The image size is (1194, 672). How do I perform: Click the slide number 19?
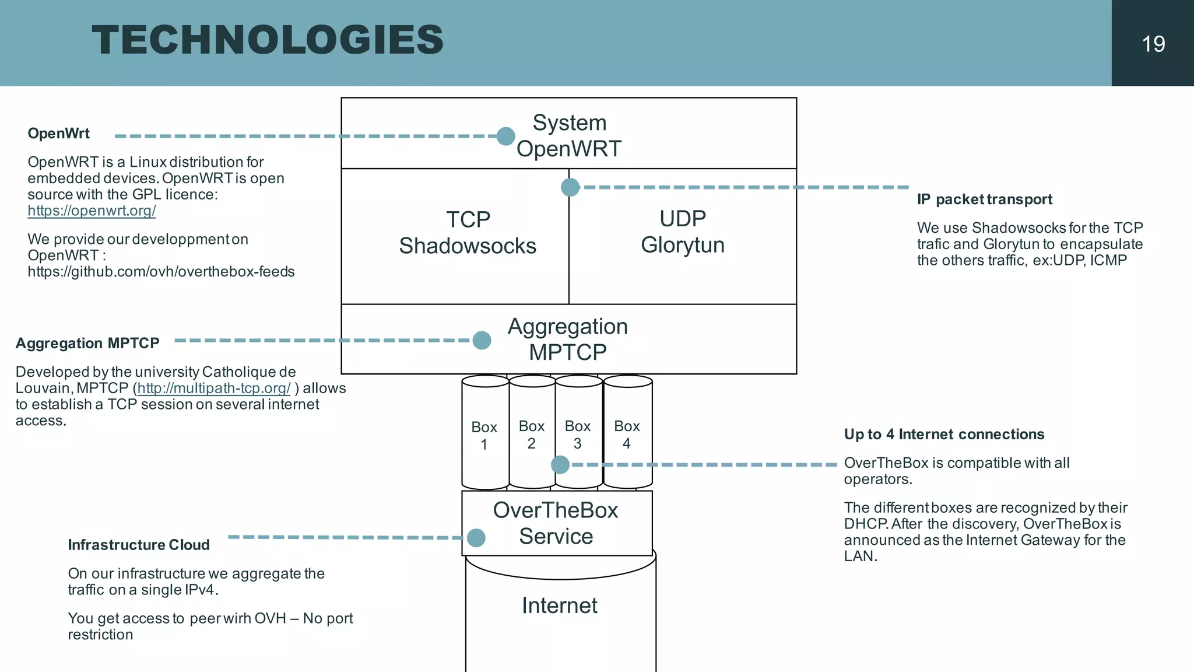tap(1153, 44)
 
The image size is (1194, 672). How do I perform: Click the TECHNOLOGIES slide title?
tap(268, 40)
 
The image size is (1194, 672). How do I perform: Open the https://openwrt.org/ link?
tap(92, 211)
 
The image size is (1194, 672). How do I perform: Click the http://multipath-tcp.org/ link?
tap(213, 388)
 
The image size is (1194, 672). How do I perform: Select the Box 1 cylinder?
tap(484, 435)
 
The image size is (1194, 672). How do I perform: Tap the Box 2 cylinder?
tap(532, 434)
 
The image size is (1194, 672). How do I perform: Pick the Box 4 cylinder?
tap(627, 434)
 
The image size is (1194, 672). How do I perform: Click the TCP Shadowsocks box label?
tap(468, 233)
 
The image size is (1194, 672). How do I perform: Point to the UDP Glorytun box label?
tap(683, 232)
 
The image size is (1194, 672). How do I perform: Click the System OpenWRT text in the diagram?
tap(569, 135)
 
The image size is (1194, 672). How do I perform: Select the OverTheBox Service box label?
tap(556, 523)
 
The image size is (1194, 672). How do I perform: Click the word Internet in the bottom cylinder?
tap(559, 605)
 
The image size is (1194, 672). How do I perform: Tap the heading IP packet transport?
tap(984, 199)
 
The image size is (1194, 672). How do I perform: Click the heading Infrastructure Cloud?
tap(139, 545)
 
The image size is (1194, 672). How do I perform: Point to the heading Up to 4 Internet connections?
tap(944, 434)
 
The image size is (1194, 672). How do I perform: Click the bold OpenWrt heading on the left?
tap(58, 134)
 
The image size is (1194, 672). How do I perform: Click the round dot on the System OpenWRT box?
tap(506, 136)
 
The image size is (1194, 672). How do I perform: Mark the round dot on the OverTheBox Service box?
tap(476, 537)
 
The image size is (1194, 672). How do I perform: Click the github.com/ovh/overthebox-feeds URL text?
tap(161, 272)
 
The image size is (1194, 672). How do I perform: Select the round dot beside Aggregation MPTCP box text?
tap(482, 340)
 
